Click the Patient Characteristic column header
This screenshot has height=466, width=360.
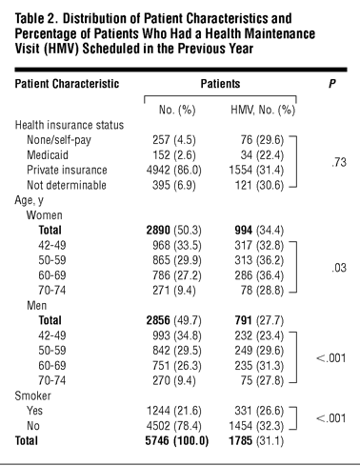pos(67,84)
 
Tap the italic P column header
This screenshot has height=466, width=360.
pos(332,84)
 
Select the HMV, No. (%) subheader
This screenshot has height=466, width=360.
pos(263,110)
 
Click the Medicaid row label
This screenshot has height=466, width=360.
pos(48,155)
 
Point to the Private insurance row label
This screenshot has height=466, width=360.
pos(67,170)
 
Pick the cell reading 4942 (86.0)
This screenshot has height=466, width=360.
pos(174,171)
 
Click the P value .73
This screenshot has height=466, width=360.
pos(339,162)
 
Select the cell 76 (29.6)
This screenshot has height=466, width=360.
pos(262,140)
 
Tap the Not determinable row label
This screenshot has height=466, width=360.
pos(67,185)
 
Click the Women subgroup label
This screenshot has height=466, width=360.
pos(45,215)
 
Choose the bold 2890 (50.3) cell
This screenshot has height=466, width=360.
pos(174,231)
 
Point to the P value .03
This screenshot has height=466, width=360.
pos(339,268)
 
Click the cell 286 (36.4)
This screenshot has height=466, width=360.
pos(259,275)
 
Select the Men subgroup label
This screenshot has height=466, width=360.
pos(37,306)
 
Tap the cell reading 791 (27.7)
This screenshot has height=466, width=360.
pos(259,320)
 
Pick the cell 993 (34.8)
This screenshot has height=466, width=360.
pos(177,335)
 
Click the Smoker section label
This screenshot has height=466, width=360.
pos(32,395)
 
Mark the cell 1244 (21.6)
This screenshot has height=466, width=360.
pos(174,411)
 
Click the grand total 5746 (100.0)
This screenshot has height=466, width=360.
pos(177,441)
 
